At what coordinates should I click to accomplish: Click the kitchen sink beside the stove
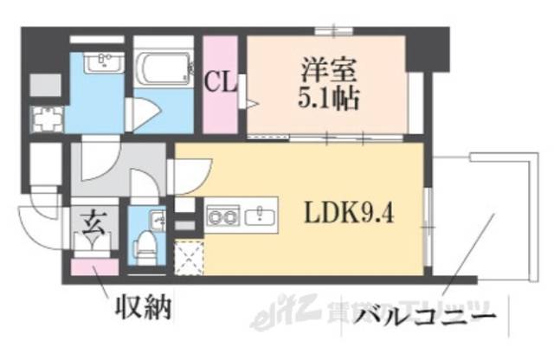(x=259, y=215)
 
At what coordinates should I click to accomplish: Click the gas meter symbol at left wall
(x=43, y=116)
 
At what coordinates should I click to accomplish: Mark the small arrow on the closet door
(x=253, y=105)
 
